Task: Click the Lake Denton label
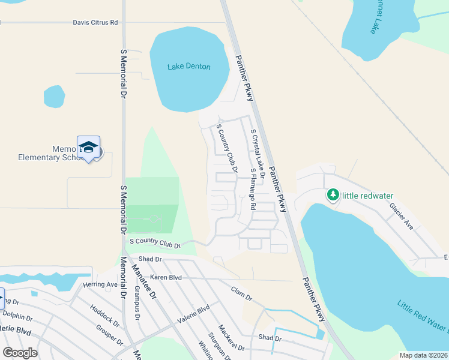(x=188, y=67)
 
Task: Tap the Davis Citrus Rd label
(x=95, y=23)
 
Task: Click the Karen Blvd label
(x=166, y=277)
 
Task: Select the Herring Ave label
(x=100, y=284)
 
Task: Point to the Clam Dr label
(x=241, y=293)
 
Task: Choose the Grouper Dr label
(x=109, y=335)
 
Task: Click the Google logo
(x=20, y=353)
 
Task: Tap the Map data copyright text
(x=421, y=355)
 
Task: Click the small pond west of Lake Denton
(x=54, y=96)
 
